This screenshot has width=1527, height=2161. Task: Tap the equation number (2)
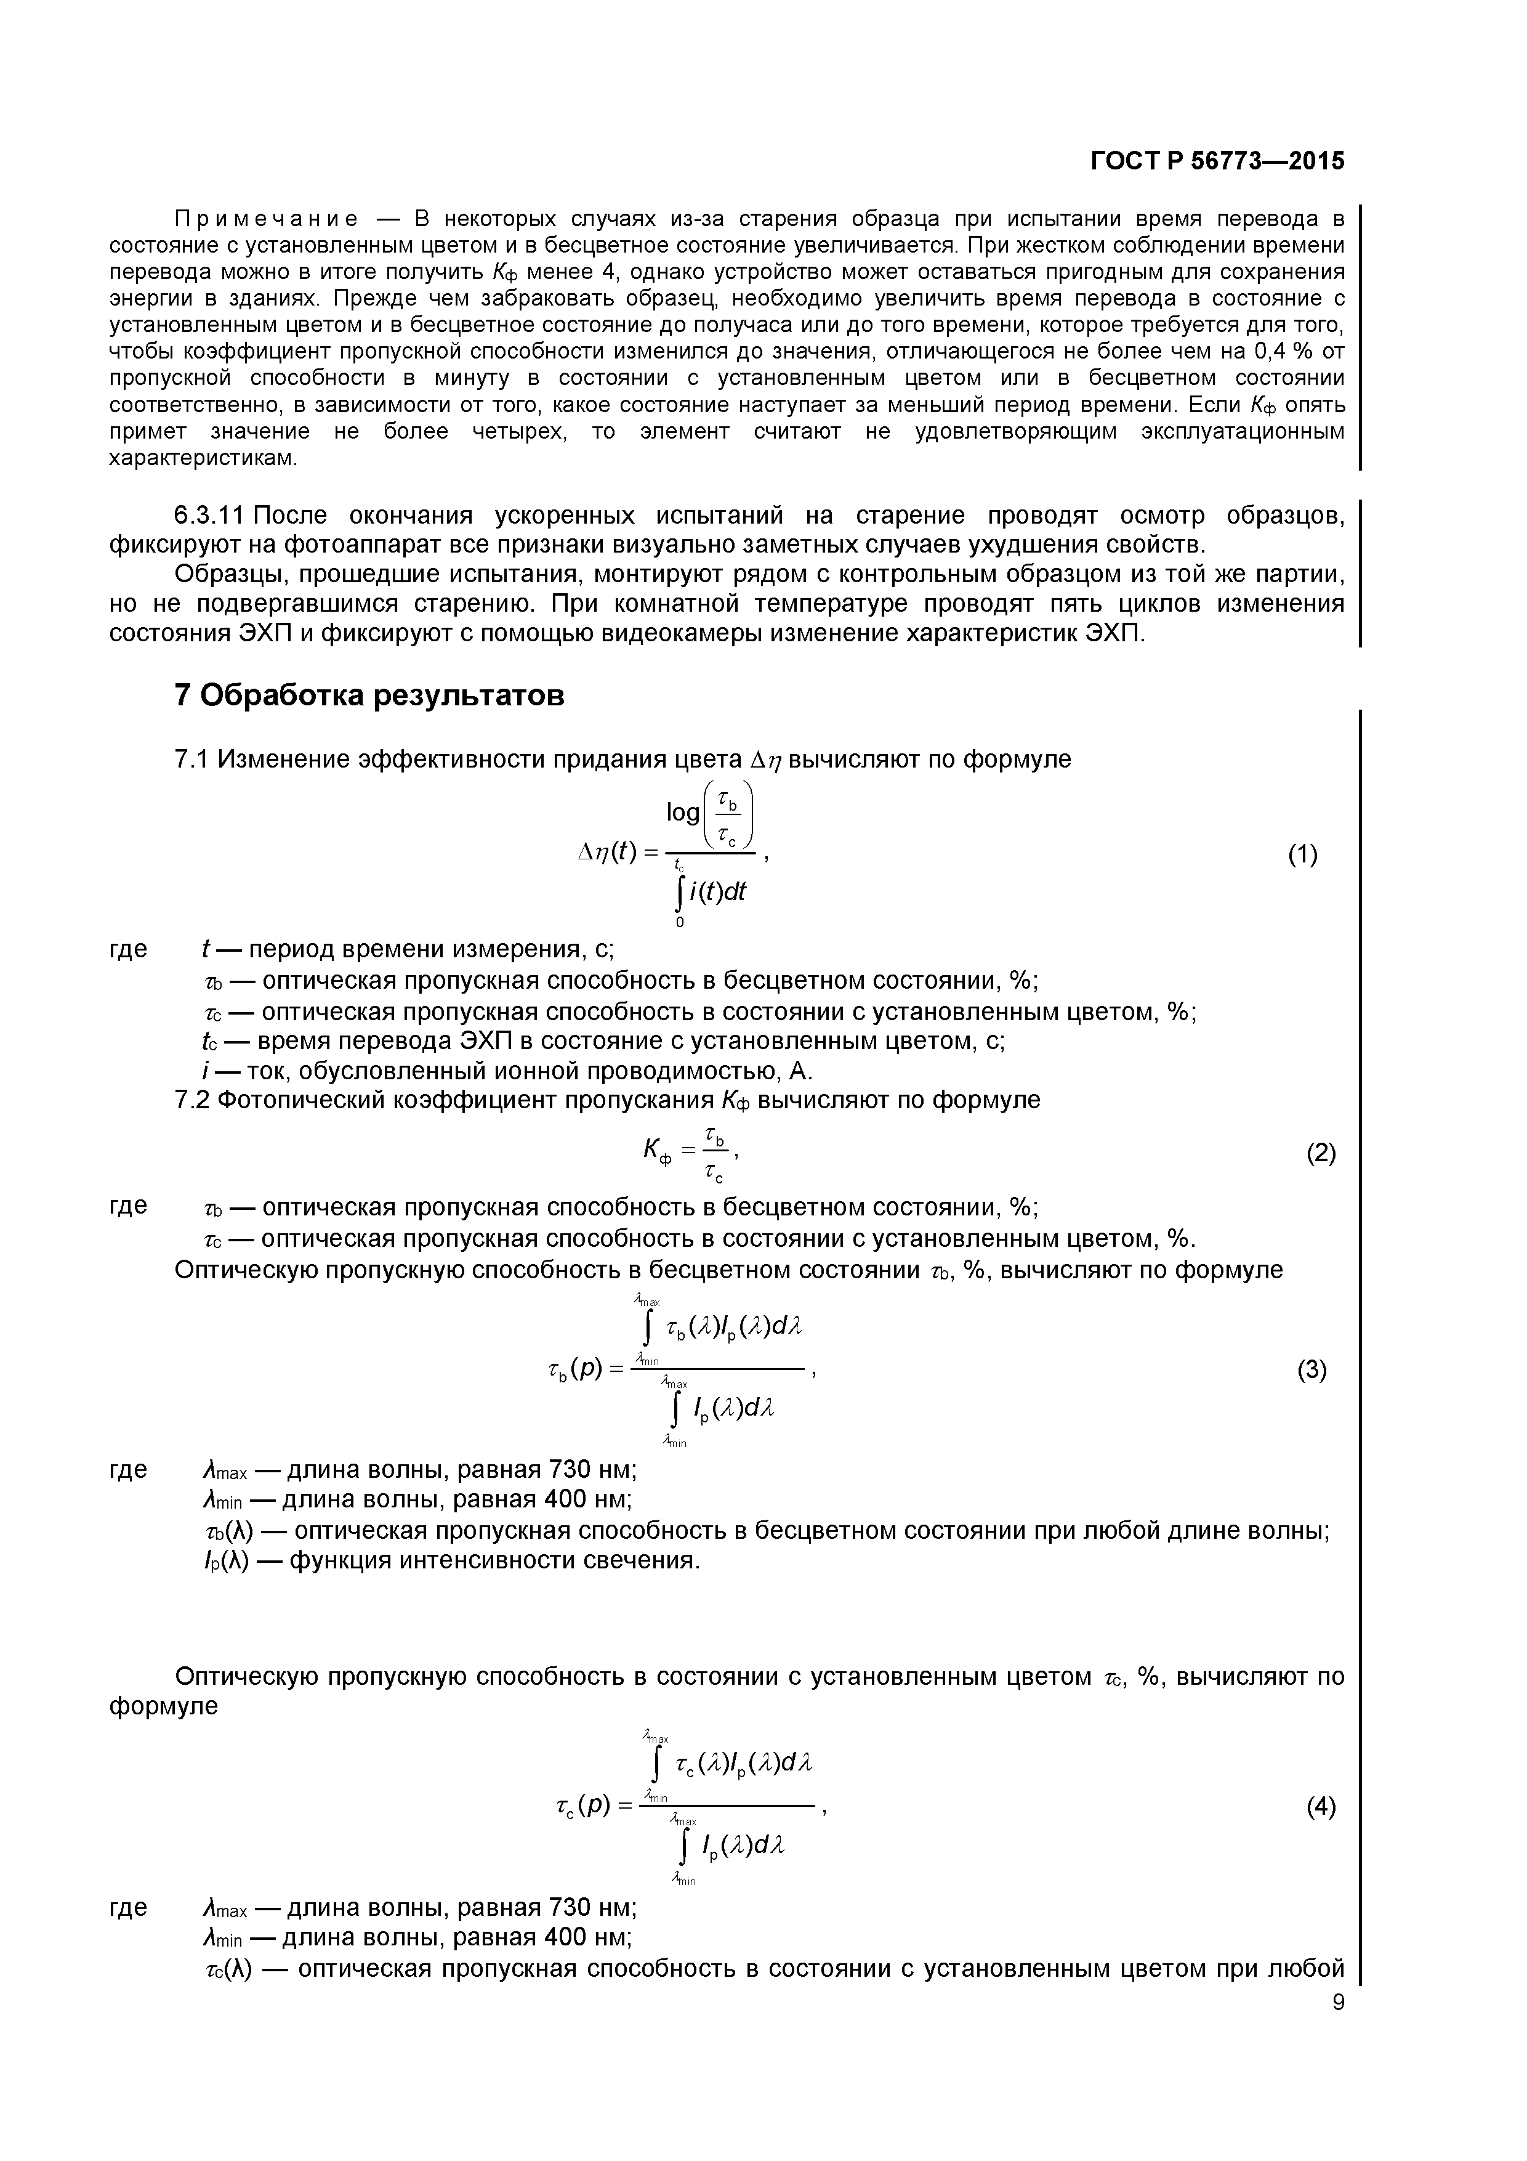click(1321, 1153)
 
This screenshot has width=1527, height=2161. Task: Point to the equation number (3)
click(1311, 1371)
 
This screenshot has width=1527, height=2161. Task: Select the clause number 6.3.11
click(209, 515)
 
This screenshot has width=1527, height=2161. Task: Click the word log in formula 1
click(682, 811)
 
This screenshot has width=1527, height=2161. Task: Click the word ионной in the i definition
click(539, 1071)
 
